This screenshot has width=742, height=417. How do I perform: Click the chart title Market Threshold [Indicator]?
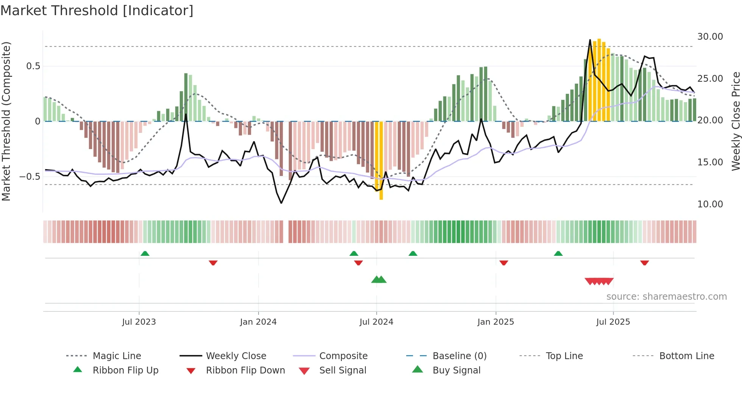pyautogui.click(x=97, y=11)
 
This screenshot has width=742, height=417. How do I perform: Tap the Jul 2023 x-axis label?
pyautogui.click(x=139, y=322)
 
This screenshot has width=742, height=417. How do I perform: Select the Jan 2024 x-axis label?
pyautogui.click(x=258, y=322)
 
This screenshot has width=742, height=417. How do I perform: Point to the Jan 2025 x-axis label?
pyautogui.click(x=496, y=322)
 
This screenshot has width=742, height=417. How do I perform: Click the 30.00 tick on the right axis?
pyautogui.click(x=710, y=37)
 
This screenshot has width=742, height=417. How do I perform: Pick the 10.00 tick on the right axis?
pyautogui.click(x=710, y=204)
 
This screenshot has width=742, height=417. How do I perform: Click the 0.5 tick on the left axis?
pyautogui.click(x=33, y=66)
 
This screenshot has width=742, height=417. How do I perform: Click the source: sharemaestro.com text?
pyautogui.click(x=666, y=297)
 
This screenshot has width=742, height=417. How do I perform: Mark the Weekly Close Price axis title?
pyautogui.click(x=736, y=121)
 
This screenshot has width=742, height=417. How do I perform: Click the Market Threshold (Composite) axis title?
pyautogui.click(x=6, y=121)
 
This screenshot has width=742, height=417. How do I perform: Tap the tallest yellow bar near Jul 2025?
pyautogui.click(x=599, y=79)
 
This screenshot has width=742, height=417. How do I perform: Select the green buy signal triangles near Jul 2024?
pyautogui.click(x=379, y=280)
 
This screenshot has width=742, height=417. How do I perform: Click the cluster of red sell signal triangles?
pyautogui.click(x=599, y=281)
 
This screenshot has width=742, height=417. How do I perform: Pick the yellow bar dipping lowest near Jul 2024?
pyautogui.click(x=381, y=161)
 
